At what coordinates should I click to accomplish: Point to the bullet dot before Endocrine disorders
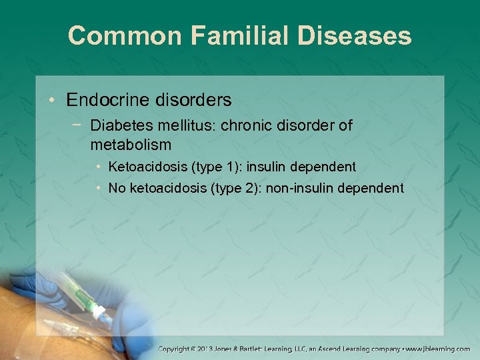click(x=51, y=100)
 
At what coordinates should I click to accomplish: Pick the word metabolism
click(x=131, y=144)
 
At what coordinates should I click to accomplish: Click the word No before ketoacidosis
click(x=117, y=189)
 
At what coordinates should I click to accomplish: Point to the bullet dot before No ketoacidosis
click(x=98, y=189)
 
